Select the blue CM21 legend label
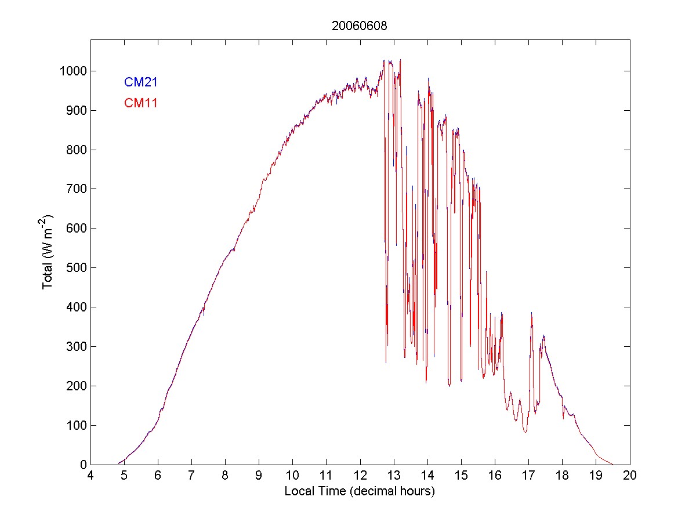[x=141, y=82]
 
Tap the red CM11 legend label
[x=141, y=103]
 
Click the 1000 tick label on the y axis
[x=72, y=71]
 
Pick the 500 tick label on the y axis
[x=76, y=267]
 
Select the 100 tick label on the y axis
[x=76, y=425]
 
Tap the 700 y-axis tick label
[x=76, y=189]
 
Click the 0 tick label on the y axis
[x=83, y=465]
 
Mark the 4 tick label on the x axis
[x=90, y=475]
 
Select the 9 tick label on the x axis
[x=259, y=475]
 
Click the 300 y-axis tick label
[x=76, y=346]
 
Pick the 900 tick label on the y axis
[x=76, y=110]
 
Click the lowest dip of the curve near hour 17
[x=525, y=432]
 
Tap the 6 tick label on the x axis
[x=158, y=475]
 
